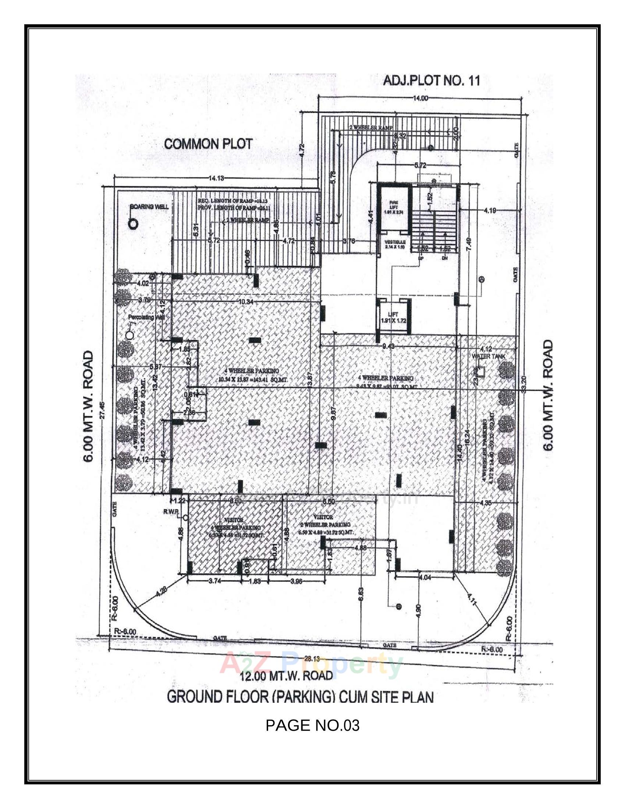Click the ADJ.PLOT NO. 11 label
coord(431,81)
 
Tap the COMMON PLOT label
coord(208,144)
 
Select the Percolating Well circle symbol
coord(129,335)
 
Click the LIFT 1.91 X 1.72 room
coord(394,317)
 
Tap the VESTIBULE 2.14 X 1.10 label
coord(395,244)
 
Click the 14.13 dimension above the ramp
coord(216,178)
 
